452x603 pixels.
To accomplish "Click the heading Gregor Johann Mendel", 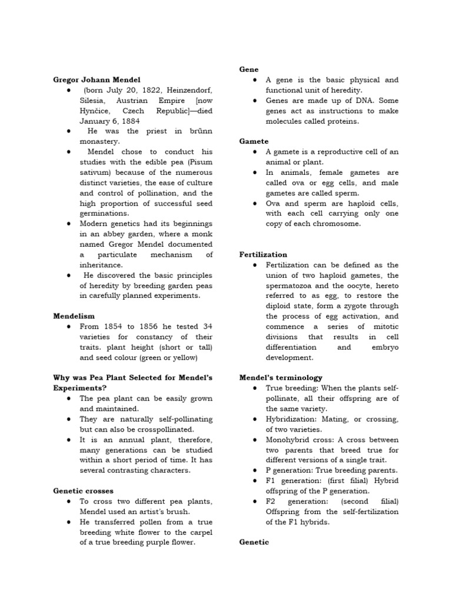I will point(97,79).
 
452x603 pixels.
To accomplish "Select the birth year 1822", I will point(144,90).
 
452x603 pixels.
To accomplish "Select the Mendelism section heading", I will point(74,316).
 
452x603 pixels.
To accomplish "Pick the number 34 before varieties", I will point(207,327).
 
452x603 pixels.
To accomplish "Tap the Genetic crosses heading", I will point(84,491).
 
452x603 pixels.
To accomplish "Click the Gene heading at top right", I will point(248,69).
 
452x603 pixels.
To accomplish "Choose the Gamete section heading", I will point(254,141).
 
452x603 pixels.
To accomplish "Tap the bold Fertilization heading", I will point(263,255).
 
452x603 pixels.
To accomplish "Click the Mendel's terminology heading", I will point(281,377).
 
